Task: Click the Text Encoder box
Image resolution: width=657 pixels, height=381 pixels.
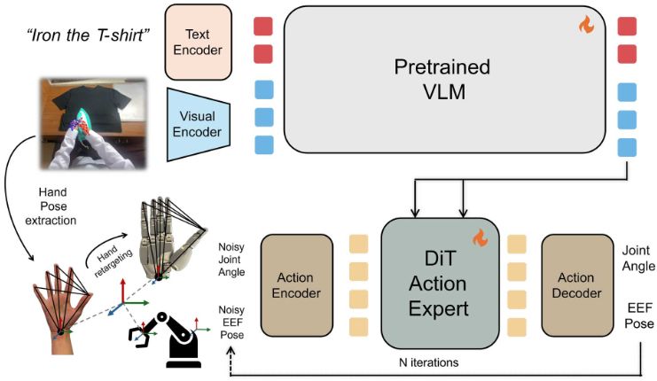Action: (x=198, y=40)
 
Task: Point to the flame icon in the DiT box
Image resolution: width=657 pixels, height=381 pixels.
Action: (x=480, y=237)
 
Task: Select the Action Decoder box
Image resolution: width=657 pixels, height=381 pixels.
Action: (x=577, y=284)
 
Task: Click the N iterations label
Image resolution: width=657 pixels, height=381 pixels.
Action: (x=435, y=363)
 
